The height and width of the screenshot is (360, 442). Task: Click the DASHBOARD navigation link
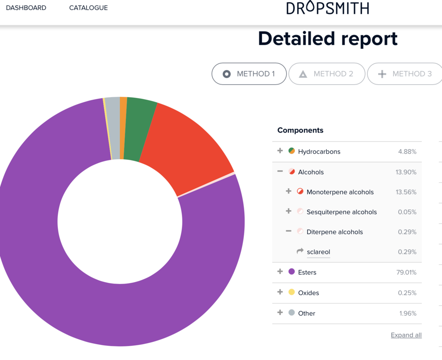click(x=26, y=8)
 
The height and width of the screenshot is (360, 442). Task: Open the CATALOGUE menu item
click(x=88, y=8)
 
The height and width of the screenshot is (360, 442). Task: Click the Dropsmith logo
click(x=328, y=8)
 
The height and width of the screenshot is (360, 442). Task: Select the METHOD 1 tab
click(x=249, y=74)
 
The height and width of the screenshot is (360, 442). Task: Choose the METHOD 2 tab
click(x=327, y=74)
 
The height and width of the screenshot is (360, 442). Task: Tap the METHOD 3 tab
click(x=405, y=74)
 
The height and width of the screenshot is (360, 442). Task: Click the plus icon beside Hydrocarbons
click(x=280, y=151)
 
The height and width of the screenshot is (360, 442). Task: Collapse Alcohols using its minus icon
click(x=280, y=171)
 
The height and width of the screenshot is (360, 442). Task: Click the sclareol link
click(x=319, y=252)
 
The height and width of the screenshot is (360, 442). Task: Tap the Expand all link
click(x=406, y=335)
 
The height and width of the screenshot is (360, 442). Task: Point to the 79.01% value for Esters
click(x=406, y=272)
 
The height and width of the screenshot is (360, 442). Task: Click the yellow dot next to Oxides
click(x=292, y=292)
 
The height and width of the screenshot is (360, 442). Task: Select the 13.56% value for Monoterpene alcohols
click(x=406, y=192)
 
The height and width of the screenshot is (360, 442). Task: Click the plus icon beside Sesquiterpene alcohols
click(x=289, y=211)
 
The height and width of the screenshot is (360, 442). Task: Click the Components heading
click(x=300, y=130)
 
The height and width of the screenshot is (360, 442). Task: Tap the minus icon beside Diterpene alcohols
click(x=289, y=231)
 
